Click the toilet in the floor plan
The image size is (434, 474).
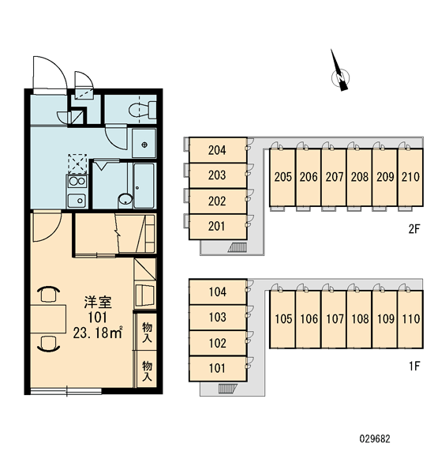pyautogui.click(x=143, y=110)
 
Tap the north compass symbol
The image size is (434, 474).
pyautogui.click(x=340, y=75)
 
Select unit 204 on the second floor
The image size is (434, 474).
pyautogui.click(x=218, y=150)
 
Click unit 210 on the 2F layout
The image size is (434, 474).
pyautogui.click(x=410, y=177)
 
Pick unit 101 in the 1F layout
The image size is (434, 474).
pyautogui.click(x=218, y=368)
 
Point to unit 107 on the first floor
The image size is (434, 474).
pyautogui.click(x=334, y=319)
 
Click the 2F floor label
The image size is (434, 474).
pyautogui.click(x=414, y=229)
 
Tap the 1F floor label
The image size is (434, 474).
pyautogui.click(x=414, y=366)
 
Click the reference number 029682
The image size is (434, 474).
pyautogui.click(x=375, y=438)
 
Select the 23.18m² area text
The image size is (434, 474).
pyautogui.click(x=98, y=333)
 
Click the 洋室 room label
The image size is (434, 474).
pyautogui.click(x=98, y=303)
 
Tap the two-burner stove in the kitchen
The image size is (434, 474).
pyautogui.click(x=77, y=182)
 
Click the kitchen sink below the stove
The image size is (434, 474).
pyautogui.click(x=77, y=201)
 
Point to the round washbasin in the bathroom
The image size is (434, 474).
pyautogui.click(x=125, y=200)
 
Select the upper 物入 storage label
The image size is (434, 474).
pyautogui.click(x=147, y=333)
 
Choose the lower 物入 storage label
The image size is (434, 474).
pyautogui.click(x=147, y=371)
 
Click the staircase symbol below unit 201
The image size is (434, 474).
pyautogui.click(x=238, y=247)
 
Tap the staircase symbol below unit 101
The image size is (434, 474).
pyautogui.click(x=227, y=389)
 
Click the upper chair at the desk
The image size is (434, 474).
pyautogui.click(x=48, y=294)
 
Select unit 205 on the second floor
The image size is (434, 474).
pyautogui.click(x=282, y=177)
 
